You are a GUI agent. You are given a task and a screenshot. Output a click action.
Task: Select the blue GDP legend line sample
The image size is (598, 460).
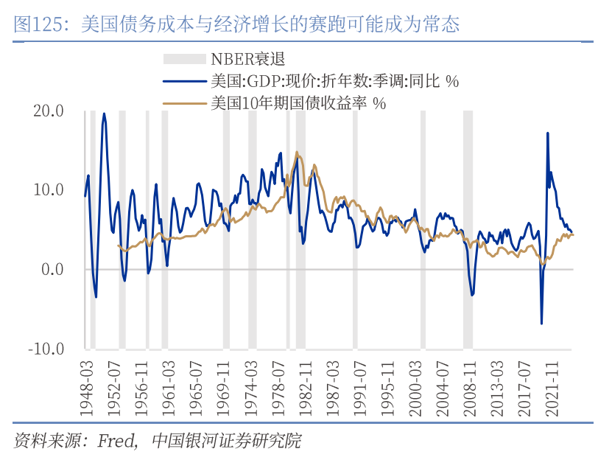click(184, 81)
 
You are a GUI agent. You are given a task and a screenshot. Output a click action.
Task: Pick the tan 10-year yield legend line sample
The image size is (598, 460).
click(184, 103)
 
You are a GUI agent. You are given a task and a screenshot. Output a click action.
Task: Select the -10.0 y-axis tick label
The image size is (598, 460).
click(46, 348)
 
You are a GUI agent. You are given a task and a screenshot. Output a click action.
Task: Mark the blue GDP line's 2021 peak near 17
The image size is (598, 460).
click(548, 133)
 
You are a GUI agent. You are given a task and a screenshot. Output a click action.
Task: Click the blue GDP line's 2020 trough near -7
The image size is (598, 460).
click(541, 323)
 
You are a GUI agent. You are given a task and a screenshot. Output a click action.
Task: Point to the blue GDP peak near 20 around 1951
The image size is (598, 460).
click(104, 114)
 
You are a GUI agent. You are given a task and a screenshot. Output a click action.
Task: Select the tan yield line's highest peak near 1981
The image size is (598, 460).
click(297, 153)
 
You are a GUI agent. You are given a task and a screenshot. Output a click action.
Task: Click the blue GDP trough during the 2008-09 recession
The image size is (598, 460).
click(472, 296)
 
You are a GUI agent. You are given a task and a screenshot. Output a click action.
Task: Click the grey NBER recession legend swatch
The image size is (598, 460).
click(184, 59)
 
